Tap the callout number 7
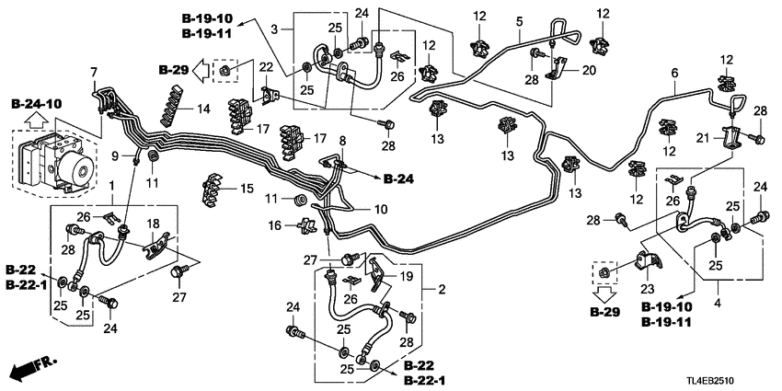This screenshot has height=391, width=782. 92,72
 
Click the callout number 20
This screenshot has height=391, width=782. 590,71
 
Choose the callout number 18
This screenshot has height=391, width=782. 154,223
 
